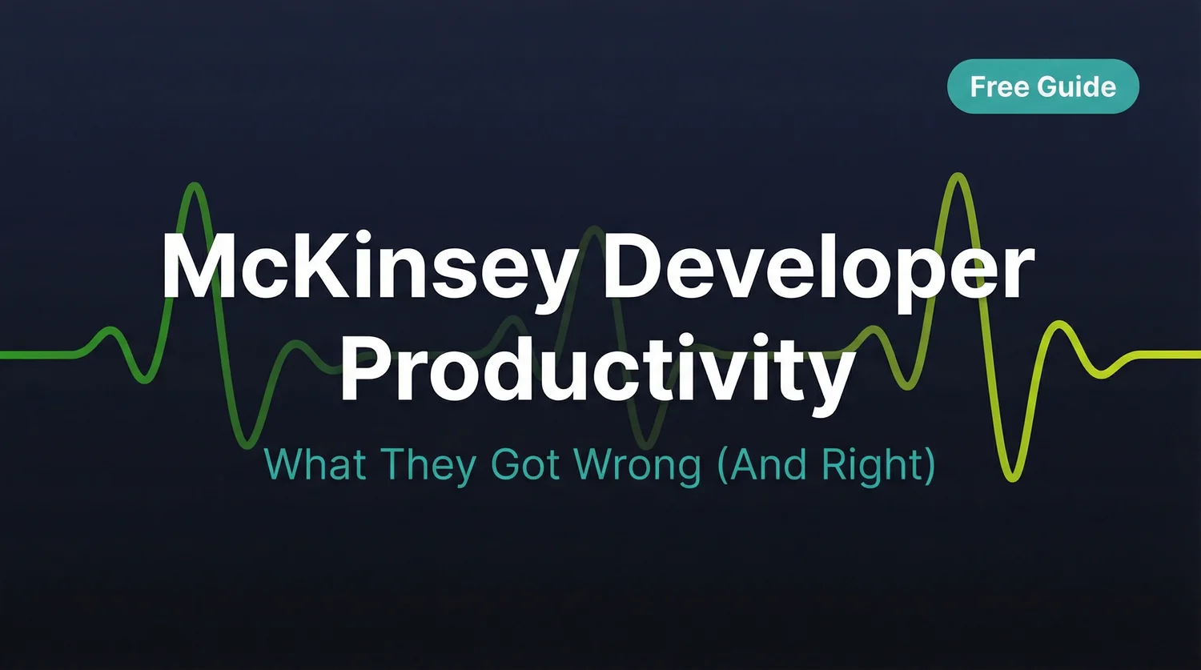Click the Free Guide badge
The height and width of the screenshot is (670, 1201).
pos(1042,86)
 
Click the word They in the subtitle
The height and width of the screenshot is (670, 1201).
pos(428,466)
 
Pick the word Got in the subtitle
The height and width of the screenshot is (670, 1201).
pos(526,464)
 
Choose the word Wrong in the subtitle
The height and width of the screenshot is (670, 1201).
pos(640,466)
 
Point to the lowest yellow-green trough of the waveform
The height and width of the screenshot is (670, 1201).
pos(1014,479)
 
